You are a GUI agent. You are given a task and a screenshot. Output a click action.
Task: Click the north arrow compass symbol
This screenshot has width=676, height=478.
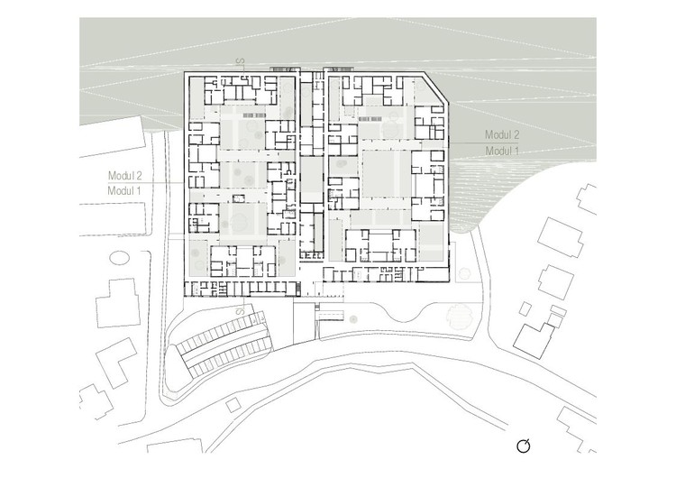click(523, 446)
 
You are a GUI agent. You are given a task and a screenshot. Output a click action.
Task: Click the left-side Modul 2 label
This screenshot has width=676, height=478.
click(125, 176)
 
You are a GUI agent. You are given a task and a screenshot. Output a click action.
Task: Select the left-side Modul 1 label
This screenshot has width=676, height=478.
click(124, 190)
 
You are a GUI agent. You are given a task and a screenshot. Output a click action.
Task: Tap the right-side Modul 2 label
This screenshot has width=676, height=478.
click(502, 134)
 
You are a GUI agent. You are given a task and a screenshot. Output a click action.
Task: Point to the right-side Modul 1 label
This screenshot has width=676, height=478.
click(502, 151)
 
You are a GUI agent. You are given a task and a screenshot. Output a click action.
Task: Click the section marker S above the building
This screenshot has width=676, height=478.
click(241, 60)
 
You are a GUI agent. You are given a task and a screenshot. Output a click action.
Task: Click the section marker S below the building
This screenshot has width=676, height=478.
click(241, 310)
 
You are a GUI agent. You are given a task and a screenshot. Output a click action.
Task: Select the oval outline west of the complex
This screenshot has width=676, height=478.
click(119, 258)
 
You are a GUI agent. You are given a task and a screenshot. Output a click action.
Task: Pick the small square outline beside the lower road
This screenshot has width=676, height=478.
click(233, 405)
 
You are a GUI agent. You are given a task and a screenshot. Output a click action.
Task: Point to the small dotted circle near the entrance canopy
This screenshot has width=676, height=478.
click(353, 319)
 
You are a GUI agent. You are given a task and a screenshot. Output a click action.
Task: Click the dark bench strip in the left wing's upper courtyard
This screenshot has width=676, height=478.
click(254, 115)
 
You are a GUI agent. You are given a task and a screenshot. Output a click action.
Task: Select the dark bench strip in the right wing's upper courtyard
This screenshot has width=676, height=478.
click(370, 117)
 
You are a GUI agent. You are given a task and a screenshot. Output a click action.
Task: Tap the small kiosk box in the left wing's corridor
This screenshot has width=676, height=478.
click(239, 198)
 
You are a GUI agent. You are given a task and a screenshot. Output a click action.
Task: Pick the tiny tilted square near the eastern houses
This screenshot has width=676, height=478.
click(525, 308)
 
